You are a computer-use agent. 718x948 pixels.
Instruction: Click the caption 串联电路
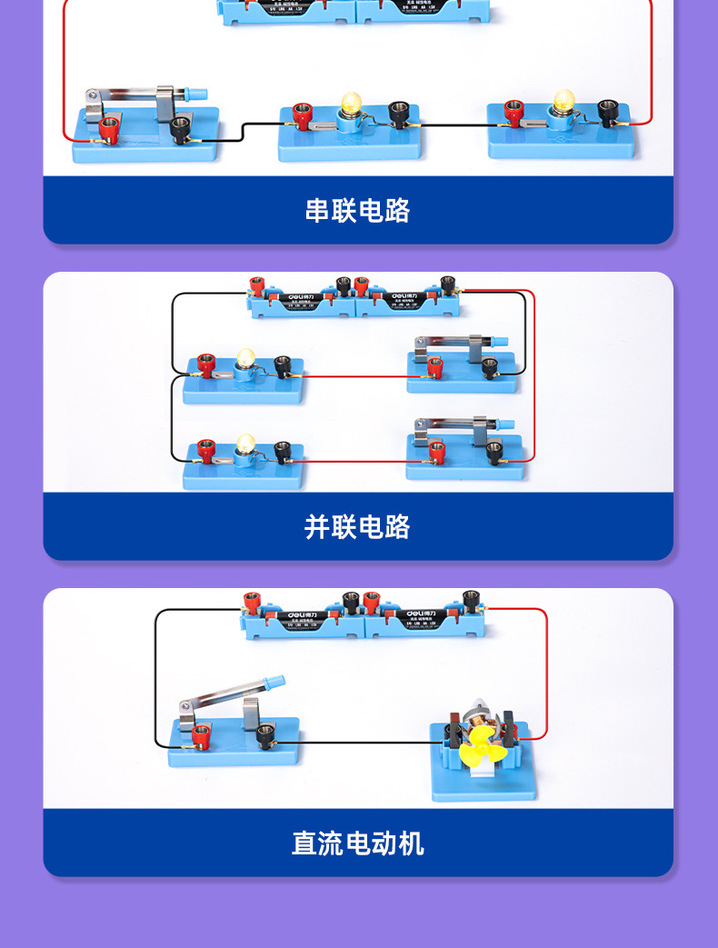tap(358, 211)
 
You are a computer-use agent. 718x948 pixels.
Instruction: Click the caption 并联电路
tap(358, 527)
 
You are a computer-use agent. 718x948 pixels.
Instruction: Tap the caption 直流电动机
tap(358, 843)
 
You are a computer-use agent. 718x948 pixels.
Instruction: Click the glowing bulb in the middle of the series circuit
tap(350, 105)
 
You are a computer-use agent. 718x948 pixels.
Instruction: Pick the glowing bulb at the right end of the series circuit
tap(563, 101)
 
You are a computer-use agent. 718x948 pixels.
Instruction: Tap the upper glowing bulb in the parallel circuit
tap(244, 357)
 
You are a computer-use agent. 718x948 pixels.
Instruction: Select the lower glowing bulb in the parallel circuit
tap(244, 444)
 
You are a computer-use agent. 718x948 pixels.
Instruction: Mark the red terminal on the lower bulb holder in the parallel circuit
tap(206, 451)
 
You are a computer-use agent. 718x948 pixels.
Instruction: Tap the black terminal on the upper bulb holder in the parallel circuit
tap(284, 365)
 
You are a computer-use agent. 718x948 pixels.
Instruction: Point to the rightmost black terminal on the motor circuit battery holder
tap(470, 600)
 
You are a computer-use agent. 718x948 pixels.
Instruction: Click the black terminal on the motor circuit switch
tap(264, 733)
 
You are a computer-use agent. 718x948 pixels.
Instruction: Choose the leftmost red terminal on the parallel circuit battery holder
tap(257, 285)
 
